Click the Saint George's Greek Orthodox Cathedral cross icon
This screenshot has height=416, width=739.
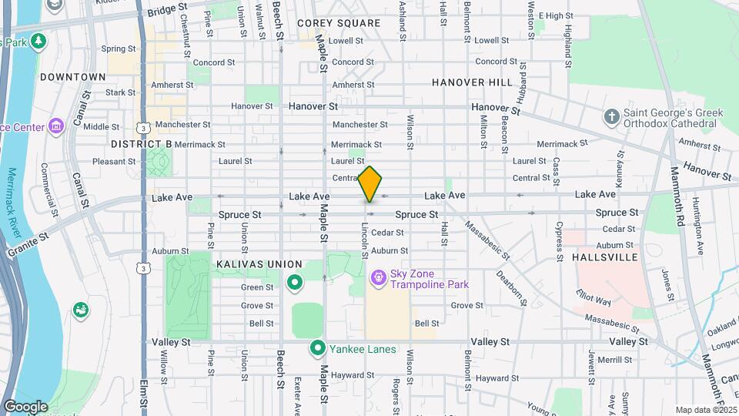pyautogui.click(x=612, y=117)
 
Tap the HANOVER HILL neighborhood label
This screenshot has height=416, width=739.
pyautogui.click(x=472, y=82)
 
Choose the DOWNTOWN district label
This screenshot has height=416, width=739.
pyautogui.click(x=72, y=77)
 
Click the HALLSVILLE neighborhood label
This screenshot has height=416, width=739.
pyautogui.click(x=605, y=257)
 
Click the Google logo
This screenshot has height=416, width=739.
pyautogui.click(x=25, y=406)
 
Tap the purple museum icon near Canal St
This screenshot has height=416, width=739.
pyautogui.click(x=55, y=126)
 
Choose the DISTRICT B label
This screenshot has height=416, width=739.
pyautogui.click(x=141, y=144)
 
